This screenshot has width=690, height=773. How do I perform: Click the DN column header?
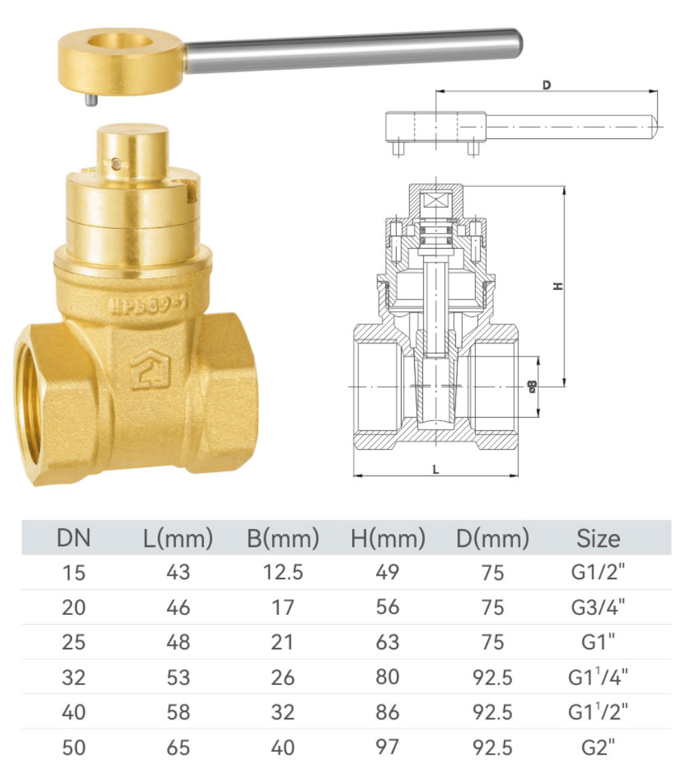click(73, 538)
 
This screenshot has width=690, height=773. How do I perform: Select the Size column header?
click(598, 538)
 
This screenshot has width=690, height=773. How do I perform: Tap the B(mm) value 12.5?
click(283, 572)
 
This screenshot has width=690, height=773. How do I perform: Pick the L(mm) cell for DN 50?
click(179, 747)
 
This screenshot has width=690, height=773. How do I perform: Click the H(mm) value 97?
click(388, 747)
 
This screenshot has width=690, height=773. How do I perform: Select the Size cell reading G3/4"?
click(598, 607)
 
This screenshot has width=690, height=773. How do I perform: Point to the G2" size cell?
click(598, 747)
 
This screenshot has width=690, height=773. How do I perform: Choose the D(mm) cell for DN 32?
click(493, 677)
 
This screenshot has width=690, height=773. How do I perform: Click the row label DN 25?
click(73, 642)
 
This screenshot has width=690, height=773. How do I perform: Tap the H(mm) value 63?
click(388, 642)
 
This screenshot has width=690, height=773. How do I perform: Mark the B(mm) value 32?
click(283, 712)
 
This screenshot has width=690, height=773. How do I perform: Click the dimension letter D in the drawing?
click(547, 85)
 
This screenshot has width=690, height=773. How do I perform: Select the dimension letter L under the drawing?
click(435, 469)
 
